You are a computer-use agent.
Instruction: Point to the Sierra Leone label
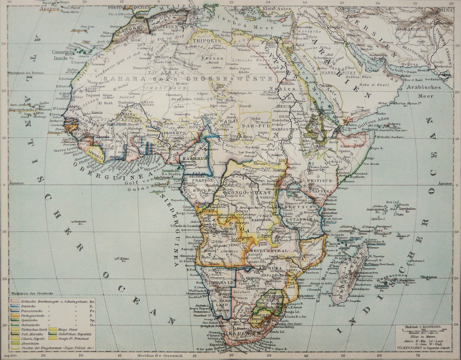(66, 150)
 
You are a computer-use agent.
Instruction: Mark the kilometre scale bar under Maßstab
(423, 331)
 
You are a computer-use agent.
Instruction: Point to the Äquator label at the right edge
(445, 183)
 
